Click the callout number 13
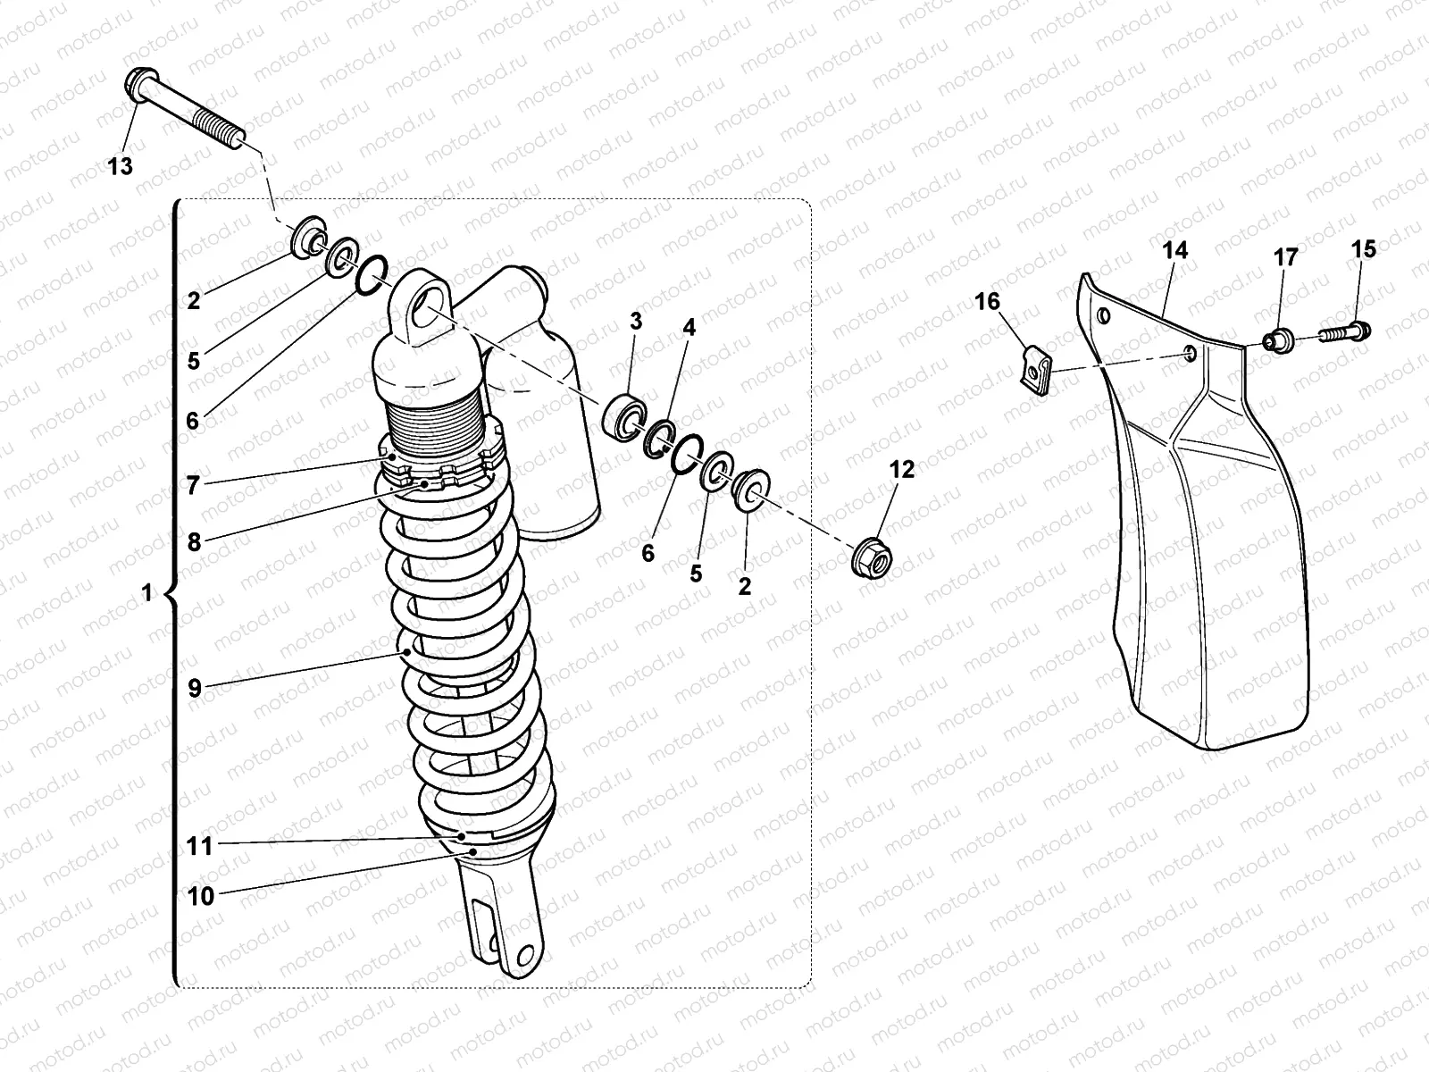tap(120, 166)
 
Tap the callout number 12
tap(902, 469)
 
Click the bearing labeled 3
tap(625, 417)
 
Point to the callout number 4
tap(689, 328)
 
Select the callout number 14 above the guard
tap(1176, 251)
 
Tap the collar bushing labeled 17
tap(1278, 339)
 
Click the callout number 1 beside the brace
tap(147, 592)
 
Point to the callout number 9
tap(195, 688)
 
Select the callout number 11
tap(199, 845)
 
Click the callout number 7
tap(193, 486)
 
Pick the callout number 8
tap(194, 541)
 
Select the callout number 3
tap(635, 322)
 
